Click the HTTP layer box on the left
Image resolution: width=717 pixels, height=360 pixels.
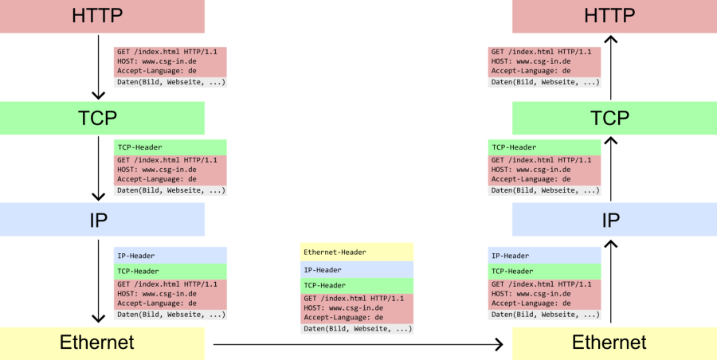click(102, 16)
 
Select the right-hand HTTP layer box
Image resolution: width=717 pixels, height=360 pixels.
click(613, 16)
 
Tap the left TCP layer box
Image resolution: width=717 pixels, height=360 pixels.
click(102, 118)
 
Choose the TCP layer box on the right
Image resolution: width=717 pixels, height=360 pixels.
click(613, 118)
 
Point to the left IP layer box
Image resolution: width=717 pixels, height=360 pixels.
click(102, 220)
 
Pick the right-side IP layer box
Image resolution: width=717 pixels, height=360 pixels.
click(613, 220)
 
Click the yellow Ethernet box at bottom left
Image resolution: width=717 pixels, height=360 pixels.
click(102, 343)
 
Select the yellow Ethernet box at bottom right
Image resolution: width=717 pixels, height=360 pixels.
click(613, 343)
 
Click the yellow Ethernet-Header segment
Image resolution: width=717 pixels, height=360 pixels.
click(357, 252)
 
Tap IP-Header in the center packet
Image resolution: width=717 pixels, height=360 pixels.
click(357, 270)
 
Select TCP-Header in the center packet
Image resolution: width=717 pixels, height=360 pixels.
click(357, 285)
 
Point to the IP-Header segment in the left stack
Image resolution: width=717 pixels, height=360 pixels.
click(170, 256)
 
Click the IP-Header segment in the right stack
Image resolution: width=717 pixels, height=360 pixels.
click(544, 256)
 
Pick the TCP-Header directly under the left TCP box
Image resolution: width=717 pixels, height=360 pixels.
click(170, 147)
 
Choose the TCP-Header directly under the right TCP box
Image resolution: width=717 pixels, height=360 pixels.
click(544, 147)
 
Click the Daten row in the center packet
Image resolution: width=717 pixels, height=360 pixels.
click(357, 329)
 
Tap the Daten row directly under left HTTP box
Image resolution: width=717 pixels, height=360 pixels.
click(170, 82)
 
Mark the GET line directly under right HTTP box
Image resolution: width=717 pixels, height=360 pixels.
click(544, 51)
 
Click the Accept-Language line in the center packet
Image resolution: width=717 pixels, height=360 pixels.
click(357, 318)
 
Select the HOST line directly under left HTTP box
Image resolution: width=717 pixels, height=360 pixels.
click(170, 61)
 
